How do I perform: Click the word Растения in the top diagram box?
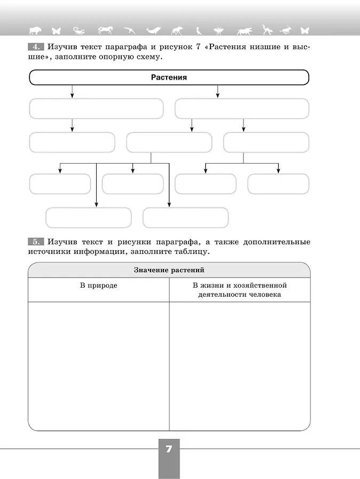coord(169,78)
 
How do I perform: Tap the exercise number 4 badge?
coord(36,47)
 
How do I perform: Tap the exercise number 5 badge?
coord(36,242)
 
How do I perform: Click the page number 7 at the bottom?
coord(169,449)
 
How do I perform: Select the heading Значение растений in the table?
coord(169,270)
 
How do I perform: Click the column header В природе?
coord(99,285)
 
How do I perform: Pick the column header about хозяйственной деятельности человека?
coord(240,290)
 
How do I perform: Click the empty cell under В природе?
coord(99,366)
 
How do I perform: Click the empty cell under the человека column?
coord(240,366)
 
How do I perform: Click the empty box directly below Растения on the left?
coord(96,109)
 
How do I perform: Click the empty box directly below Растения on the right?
coord(242,109)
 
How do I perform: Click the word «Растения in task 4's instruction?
coord(228,47)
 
